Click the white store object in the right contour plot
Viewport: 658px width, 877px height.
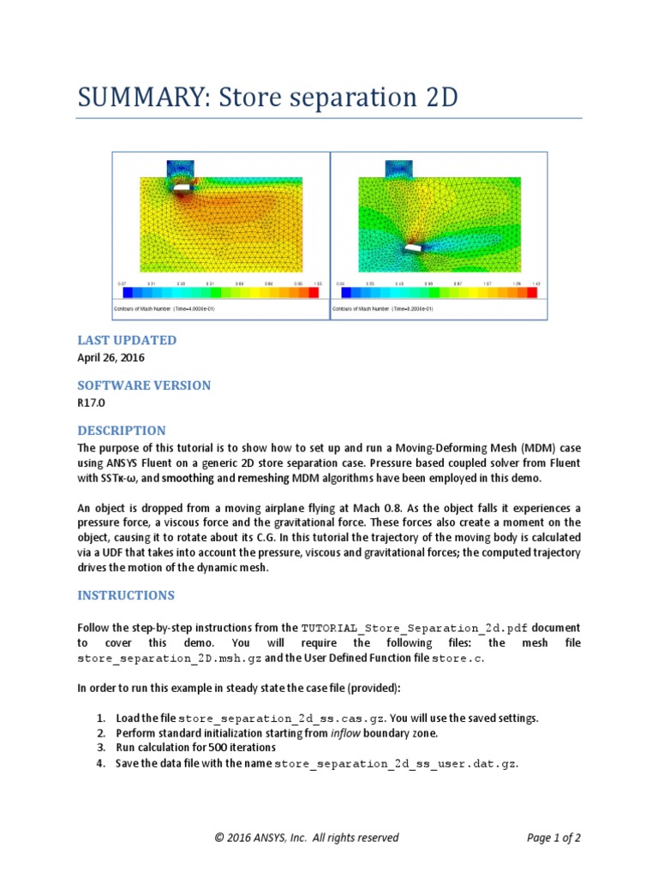tap(413, 248)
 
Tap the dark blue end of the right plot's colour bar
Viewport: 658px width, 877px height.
tap(341, 292)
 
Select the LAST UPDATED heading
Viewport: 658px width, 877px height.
tap(127, 340)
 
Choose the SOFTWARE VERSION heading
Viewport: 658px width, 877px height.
tap(144, 385)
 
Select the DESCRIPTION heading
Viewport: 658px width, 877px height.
tap(122, 431)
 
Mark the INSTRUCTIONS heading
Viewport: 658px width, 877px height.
tap(126, 595)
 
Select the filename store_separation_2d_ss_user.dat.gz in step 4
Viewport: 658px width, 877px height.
tap(395, 764)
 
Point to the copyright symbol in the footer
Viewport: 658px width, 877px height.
tap(219, 838)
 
